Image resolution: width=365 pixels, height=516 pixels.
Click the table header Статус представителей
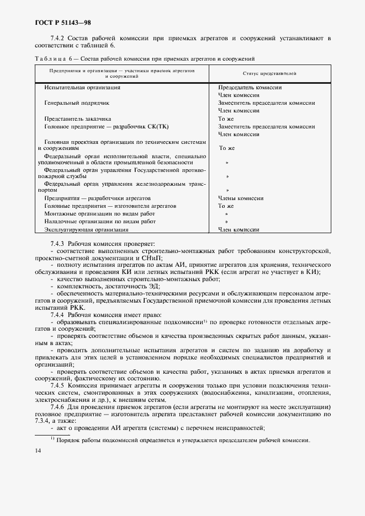tap(270, 73)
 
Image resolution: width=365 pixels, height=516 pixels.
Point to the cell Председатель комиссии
tap(250, 87)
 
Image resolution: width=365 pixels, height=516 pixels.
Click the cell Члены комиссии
tap(240, 198)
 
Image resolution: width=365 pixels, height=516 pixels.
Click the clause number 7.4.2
tap(57, 38)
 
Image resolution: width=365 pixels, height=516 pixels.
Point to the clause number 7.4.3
tap(57, 243)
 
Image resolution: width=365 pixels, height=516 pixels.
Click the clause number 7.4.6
tap(57, 407)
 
